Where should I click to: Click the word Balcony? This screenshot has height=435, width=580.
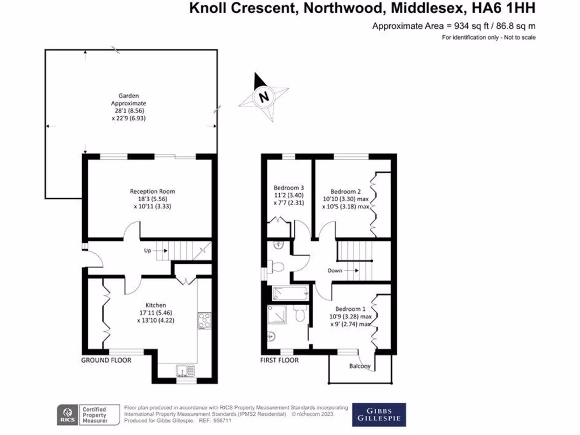[x=360, y=366]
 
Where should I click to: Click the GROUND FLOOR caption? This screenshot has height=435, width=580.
[x=106, y=360]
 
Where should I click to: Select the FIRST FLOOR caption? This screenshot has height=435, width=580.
[x=279, y=360]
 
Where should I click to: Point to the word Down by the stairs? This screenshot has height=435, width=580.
[x=335, y=270]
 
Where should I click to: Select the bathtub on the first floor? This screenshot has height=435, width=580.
[x=290, y=293]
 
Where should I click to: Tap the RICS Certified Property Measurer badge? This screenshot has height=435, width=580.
[x=88, y=414]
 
